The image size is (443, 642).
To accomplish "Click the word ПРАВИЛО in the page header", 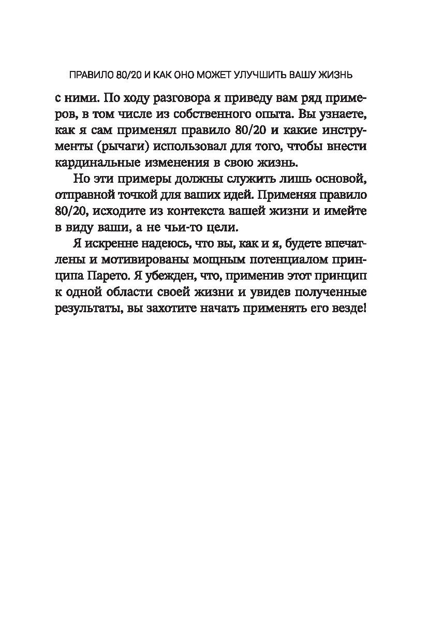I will coord(92,75).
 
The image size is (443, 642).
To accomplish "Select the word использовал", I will coord(187,147).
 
